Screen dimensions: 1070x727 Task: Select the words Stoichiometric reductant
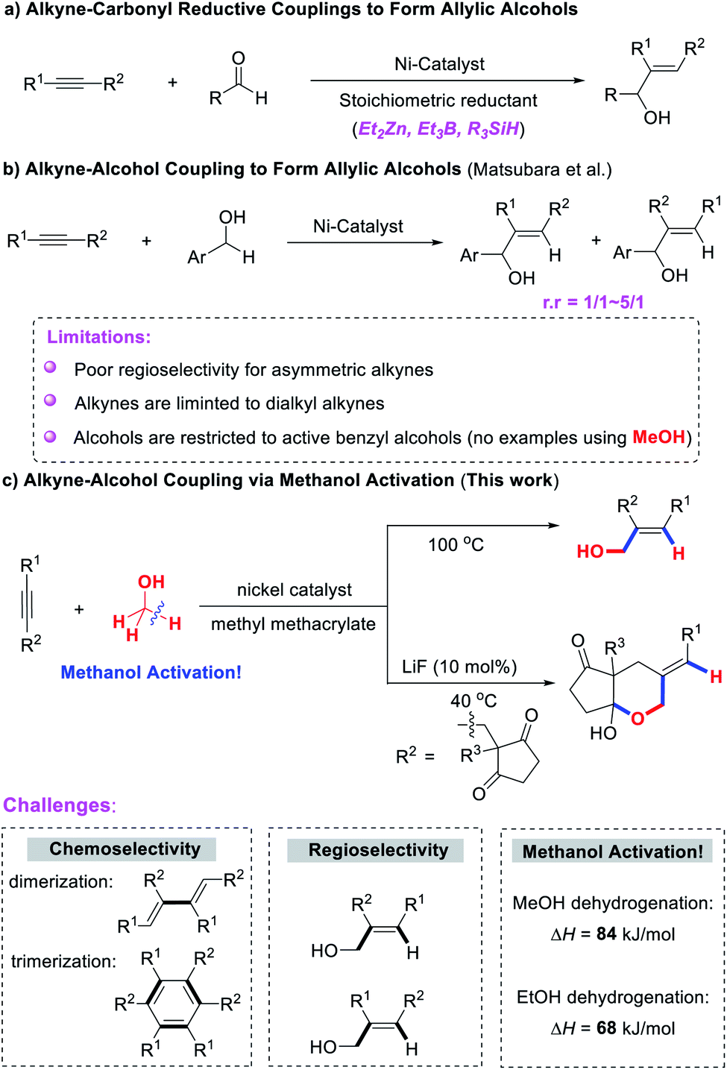438,101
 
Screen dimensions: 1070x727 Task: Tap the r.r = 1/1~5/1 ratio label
593,302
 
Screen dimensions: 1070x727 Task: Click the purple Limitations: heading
99,337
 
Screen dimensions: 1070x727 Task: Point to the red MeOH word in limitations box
658,437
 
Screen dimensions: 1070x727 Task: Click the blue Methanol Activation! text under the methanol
151,673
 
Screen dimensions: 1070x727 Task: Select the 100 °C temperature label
456,545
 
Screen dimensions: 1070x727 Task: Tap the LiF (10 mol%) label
459,667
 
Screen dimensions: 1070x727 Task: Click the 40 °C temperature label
473,701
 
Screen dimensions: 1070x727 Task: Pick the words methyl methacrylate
293,624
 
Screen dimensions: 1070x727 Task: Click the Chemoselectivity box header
125,849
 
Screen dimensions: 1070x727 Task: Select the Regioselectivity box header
378,850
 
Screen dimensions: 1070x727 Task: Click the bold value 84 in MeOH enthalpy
606,934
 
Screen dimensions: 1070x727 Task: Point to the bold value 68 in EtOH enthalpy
606,1028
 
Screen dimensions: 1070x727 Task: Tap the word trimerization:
63,962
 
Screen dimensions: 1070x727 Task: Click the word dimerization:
61,882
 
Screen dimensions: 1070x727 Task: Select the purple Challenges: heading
60,805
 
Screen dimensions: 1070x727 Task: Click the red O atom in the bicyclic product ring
637,719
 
